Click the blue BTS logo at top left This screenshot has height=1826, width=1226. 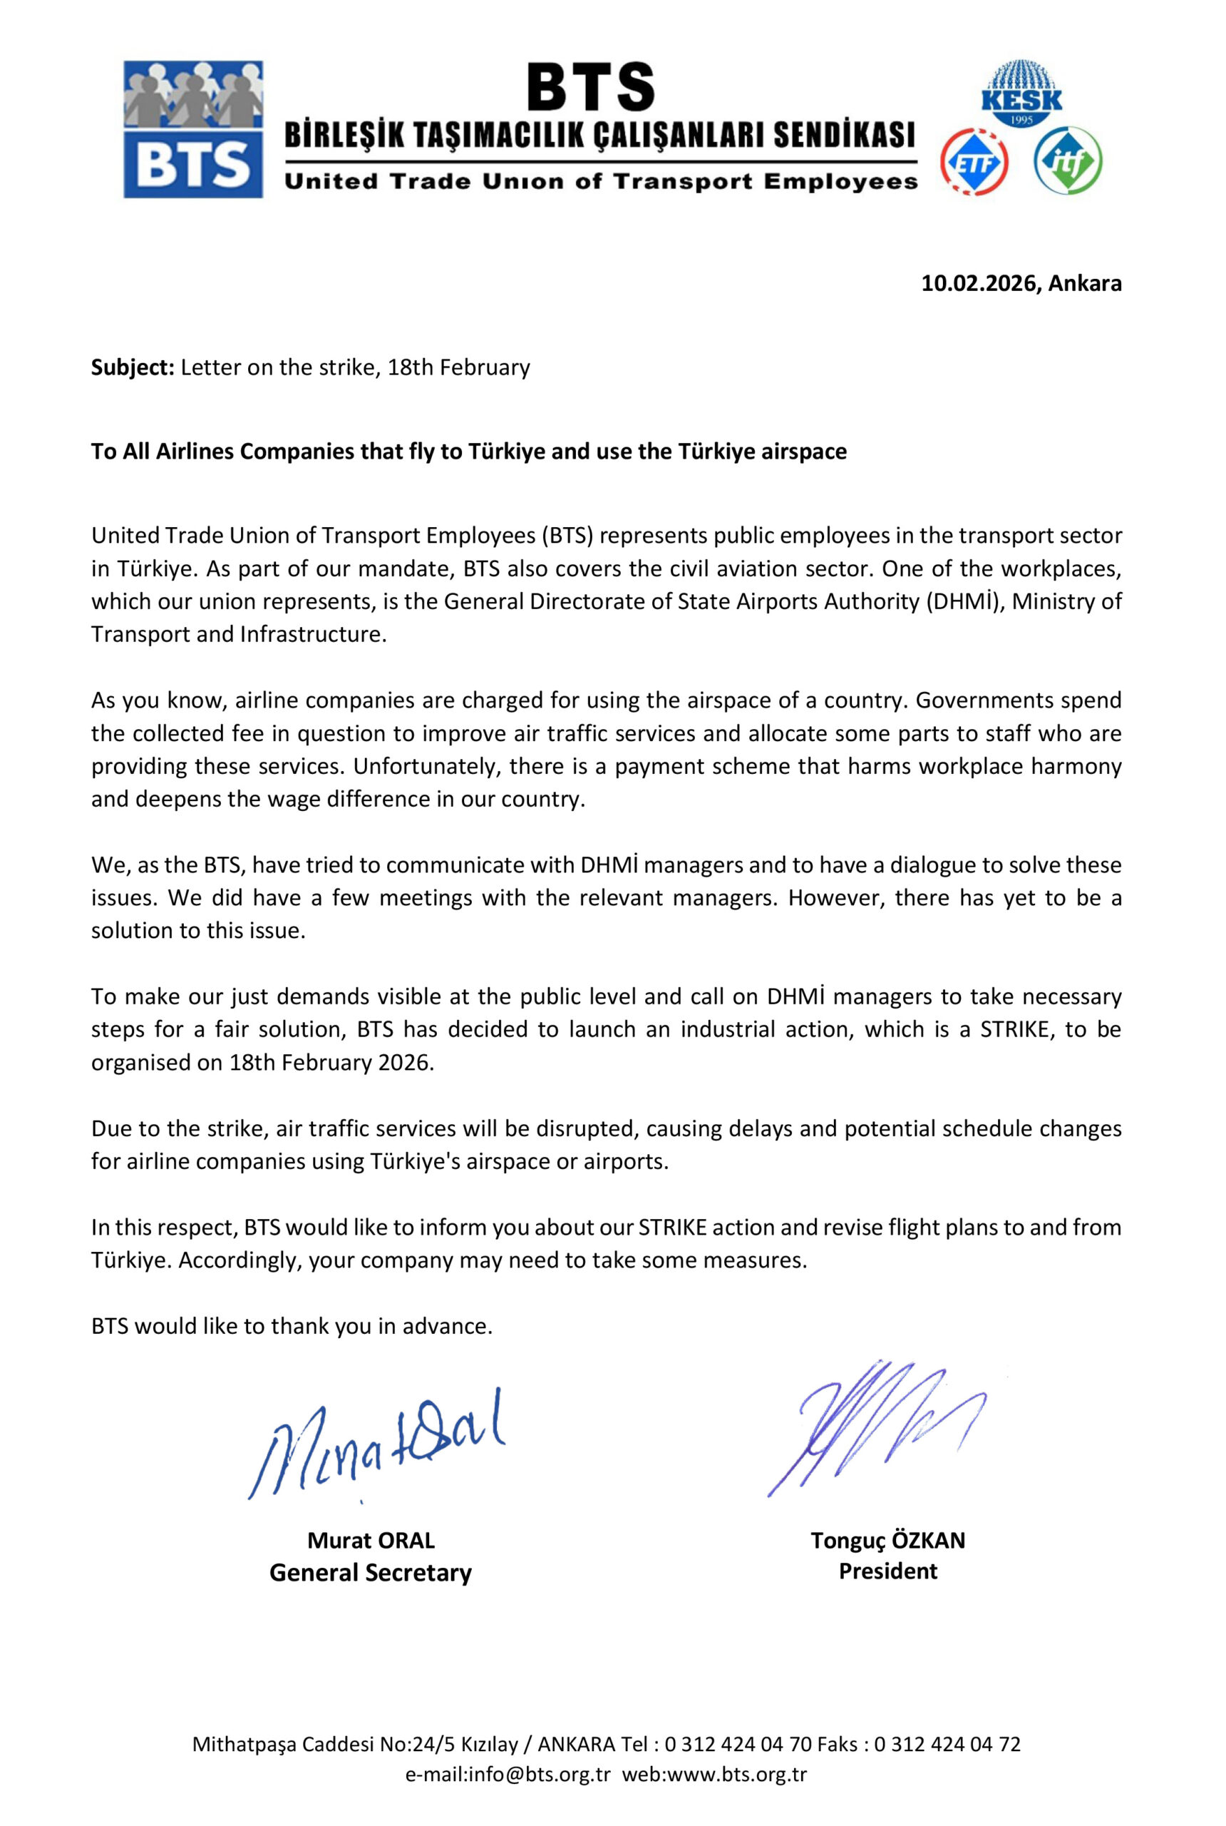(x=193, y=129)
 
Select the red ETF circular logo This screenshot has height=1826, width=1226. (x=974, y=162)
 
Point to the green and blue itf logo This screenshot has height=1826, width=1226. (x=1068, y=162)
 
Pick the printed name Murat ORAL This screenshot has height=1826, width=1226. (x=371, y=1541)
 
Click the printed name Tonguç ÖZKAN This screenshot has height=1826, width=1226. (x=887, y=1541)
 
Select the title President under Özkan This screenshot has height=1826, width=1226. (x=887, y=1571)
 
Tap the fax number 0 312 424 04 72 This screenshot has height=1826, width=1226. (x=947, y=1744)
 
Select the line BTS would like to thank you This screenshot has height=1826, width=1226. (x=292, y=1326)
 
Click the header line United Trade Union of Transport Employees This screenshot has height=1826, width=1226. (x=600, y=183)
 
